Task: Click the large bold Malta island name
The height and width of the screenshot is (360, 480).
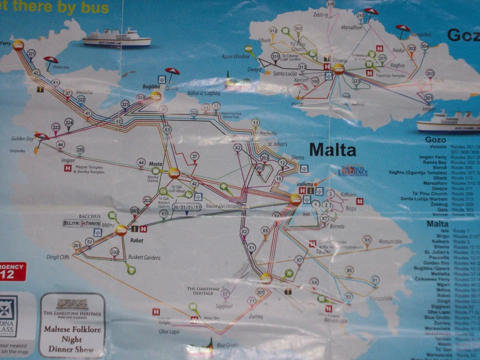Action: click(x=332, y=149)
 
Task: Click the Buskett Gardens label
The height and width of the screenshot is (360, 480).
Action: click(x=144, y=257)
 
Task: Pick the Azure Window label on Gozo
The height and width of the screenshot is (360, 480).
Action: click(x=235, y=56)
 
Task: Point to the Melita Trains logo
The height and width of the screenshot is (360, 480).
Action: click(x=81, y=223)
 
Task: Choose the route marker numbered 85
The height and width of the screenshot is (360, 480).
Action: click(x=349, y=270)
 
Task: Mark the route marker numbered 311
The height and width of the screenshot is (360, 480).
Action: click(x=275, y=57)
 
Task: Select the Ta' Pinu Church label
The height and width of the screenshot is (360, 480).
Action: click(x=297, y=47)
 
